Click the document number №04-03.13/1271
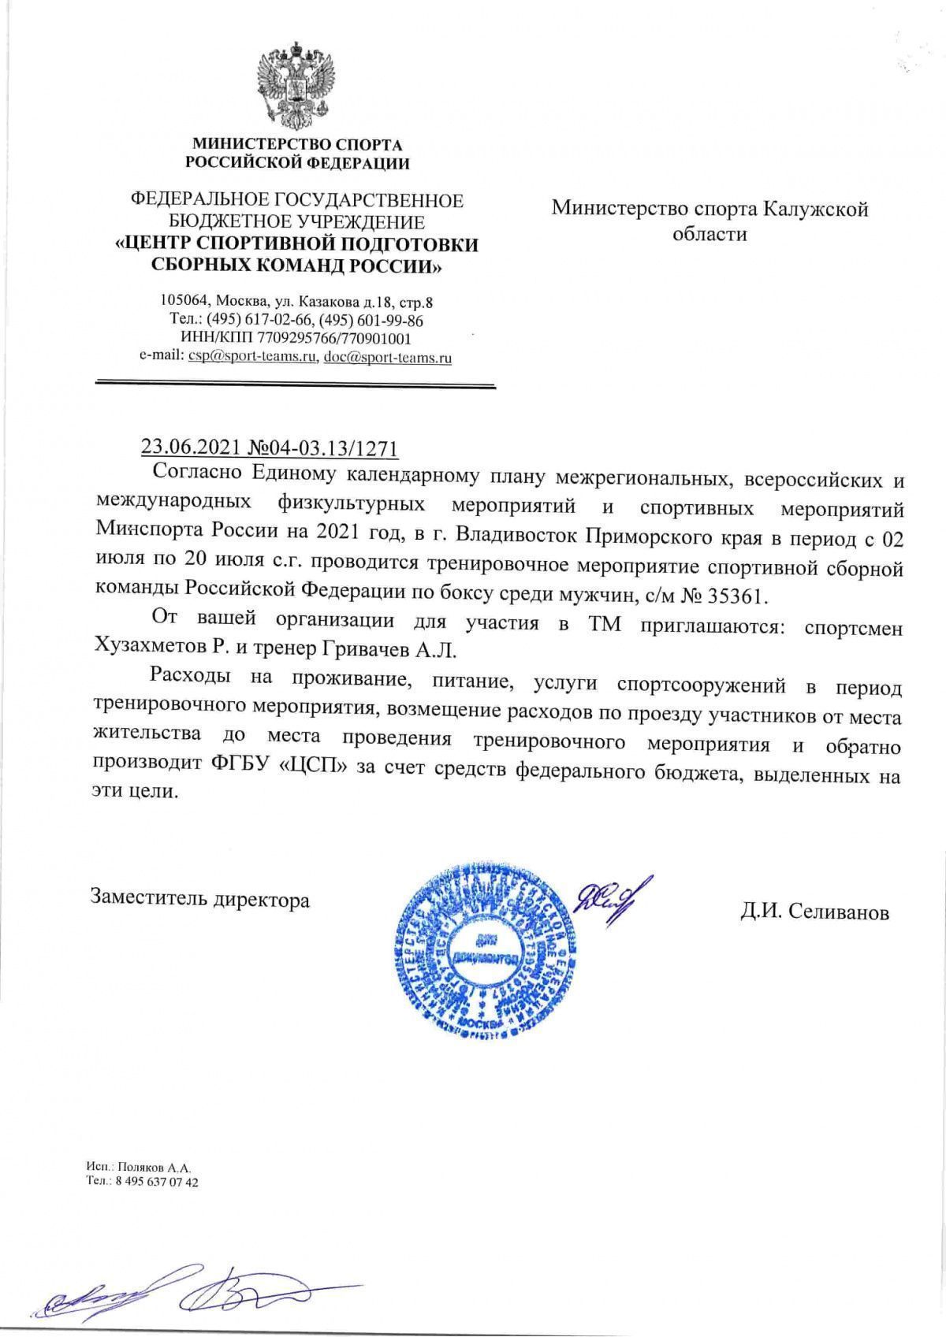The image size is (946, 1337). coord(323,448)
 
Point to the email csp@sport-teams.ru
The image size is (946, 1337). coord(251,357)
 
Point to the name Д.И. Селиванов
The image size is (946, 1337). coord(814,912)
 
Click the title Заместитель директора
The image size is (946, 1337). coord(200,899)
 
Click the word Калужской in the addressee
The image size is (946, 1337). coord(819,209)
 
